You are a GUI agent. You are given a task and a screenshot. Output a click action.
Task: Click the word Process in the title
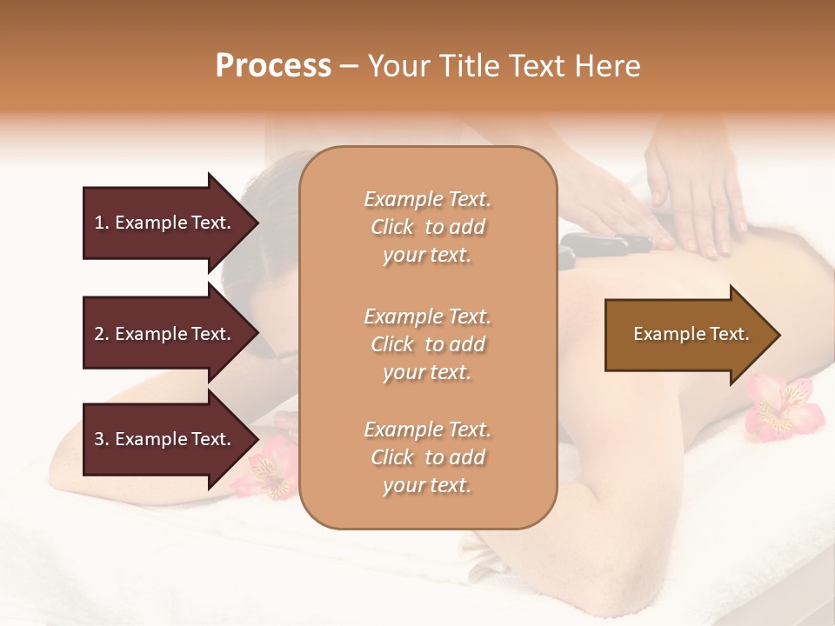tap(273, 66)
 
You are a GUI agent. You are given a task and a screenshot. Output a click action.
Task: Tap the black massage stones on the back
tap(600, 248)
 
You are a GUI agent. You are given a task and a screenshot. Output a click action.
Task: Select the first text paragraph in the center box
tap(427, 227)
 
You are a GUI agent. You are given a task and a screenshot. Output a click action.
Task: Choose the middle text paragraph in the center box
tap(427, 344)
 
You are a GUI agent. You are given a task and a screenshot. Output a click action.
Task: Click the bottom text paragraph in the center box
tap(427, 457)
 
